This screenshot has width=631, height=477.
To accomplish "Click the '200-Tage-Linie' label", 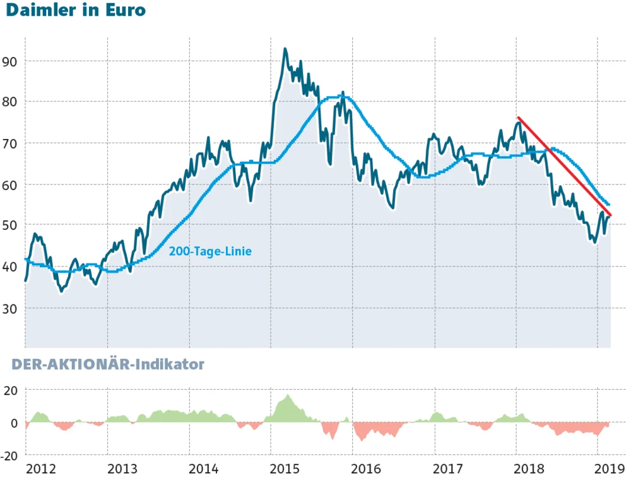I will click(210, 251).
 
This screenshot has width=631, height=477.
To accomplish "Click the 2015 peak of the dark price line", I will click(285, 49).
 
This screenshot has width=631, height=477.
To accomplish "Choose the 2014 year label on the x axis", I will click(204, 468).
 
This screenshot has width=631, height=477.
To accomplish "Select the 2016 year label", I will click(367, 468).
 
